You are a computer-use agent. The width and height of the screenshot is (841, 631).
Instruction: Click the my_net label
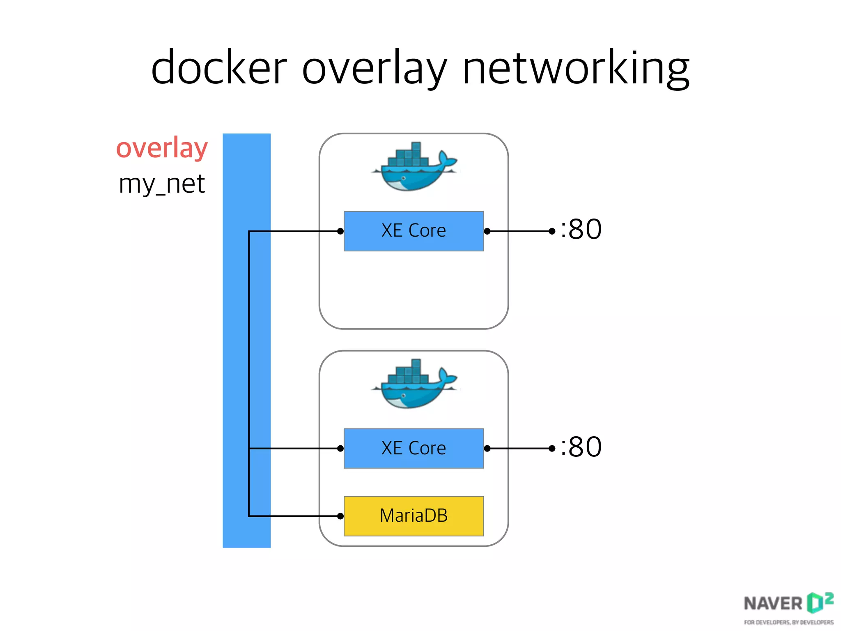pos(162,184)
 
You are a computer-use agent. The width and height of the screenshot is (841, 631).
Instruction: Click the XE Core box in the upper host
pos(414,231)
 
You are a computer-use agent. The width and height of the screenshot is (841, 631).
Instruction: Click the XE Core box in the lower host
pos(414,448)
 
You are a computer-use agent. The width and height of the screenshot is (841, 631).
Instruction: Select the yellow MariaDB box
pos(414,516)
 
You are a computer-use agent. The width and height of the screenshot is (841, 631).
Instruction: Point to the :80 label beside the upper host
pos(581,229)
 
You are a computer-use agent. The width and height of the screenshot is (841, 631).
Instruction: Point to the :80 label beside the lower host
pos(581,447)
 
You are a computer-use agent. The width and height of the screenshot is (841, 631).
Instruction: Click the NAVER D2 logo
pos(788,603)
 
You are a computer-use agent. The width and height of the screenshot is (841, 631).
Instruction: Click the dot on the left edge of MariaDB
pos(340,516)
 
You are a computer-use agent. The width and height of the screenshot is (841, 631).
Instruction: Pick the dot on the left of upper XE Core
pos(340,231)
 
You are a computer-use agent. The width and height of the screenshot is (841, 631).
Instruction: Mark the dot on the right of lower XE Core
pos(487,448)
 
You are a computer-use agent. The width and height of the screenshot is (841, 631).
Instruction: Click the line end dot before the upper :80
pos(552,231)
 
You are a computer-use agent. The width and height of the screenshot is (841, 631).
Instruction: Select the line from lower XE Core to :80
pos(519,448)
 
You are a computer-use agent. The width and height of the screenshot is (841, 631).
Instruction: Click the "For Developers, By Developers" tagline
pos(788,622)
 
